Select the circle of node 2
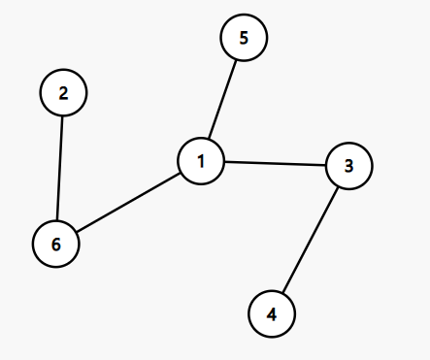[64, 93]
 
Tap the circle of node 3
[348, 166]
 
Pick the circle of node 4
[272, 313]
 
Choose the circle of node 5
[244, 39]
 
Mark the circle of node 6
[56, 244]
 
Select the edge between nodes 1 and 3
[275, 163]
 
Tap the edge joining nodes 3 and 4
[310, 240]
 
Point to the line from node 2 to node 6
[60, 168]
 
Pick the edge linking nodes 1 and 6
[129, 202]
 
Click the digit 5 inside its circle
[244, 39]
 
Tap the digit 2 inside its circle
[64, 93]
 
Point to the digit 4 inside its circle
[272, 313]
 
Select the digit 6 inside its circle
[56, 244]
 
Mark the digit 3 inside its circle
[348, 166]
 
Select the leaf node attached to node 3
[272, 313]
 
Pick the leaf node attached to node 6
[64, 93]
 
